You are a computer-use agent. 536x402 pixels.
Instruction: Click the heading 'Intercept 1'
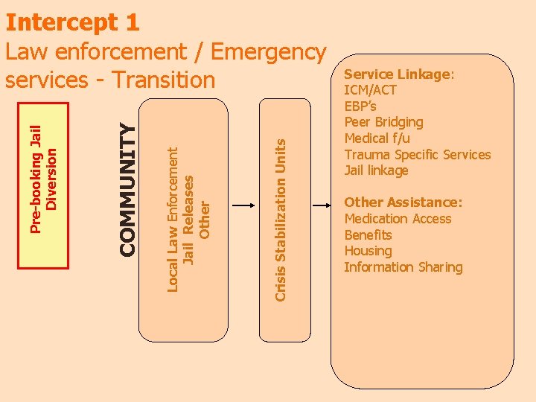coord(72,22)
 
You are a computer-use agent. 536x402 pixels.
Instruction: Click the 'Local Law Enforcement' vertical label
coord(173,219)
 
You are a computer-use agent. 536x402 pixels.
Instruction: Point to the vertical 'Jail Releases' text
coord(189,220)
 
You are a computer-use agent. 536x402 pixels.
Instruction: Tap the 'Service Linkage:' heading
coord(399,74)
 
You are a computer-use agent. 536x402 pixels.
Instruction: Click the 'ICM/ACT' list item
coord(370,90)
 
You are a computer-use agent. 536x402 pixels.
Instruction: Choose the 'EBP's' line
coord(360,106)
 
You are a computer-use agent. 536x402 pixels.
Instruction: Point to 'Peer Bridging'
coord(383,122)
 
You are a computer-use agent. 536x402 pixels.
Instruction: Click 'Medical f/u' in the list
coord(377,138)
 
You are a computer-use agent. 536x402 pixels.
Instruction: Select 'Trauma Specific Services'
coord(418,155)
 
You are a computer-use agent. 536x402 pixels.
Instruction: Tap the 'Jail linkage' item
coord(376,170)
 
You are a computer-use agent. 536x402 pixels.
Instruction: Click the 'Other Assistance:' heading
coord(403,202)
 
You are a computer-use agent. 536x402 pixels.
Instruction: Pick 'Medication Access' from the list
coord(398,219)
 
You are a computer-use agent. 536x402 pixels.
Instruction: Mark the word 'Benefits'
coord(368,234)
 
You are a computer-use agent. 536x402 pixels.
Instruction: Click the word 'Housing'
coord(368,251)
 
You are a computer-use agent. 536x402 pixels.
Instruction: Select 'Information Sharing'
coord(403,267)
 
